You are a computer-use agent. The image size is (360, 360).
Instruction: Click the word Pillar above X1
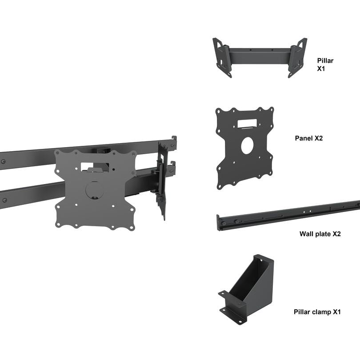coord(325,60)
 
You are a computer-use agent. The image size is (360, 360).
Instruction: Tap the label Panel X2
coord(309,138)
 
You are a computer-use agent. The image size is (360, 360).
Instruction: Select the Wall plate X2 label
coord(320,234)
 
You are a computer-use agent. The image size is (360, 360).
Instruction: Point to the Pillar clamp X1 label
coord(317,312)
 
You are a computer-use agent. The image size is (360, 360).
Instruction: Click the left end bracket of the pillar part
coord(223,57)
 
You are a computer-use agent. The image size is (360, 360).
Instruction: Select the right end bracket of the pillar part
coord(297,56)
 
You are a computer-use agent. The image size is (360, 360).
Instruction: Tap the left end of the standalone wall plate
coord(219,222)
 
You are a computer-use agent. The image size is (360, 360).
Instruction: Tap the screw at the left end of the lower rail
coord(4,200)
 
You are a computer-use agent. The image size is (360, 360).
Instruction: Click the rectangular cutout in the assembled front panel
coord(94,166)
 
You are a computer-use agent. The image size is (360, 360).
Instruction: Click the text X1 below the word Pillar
coord(321,69)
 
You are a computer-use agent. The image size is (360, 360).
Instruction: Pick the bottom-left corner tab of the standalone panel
coord(221,183)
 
